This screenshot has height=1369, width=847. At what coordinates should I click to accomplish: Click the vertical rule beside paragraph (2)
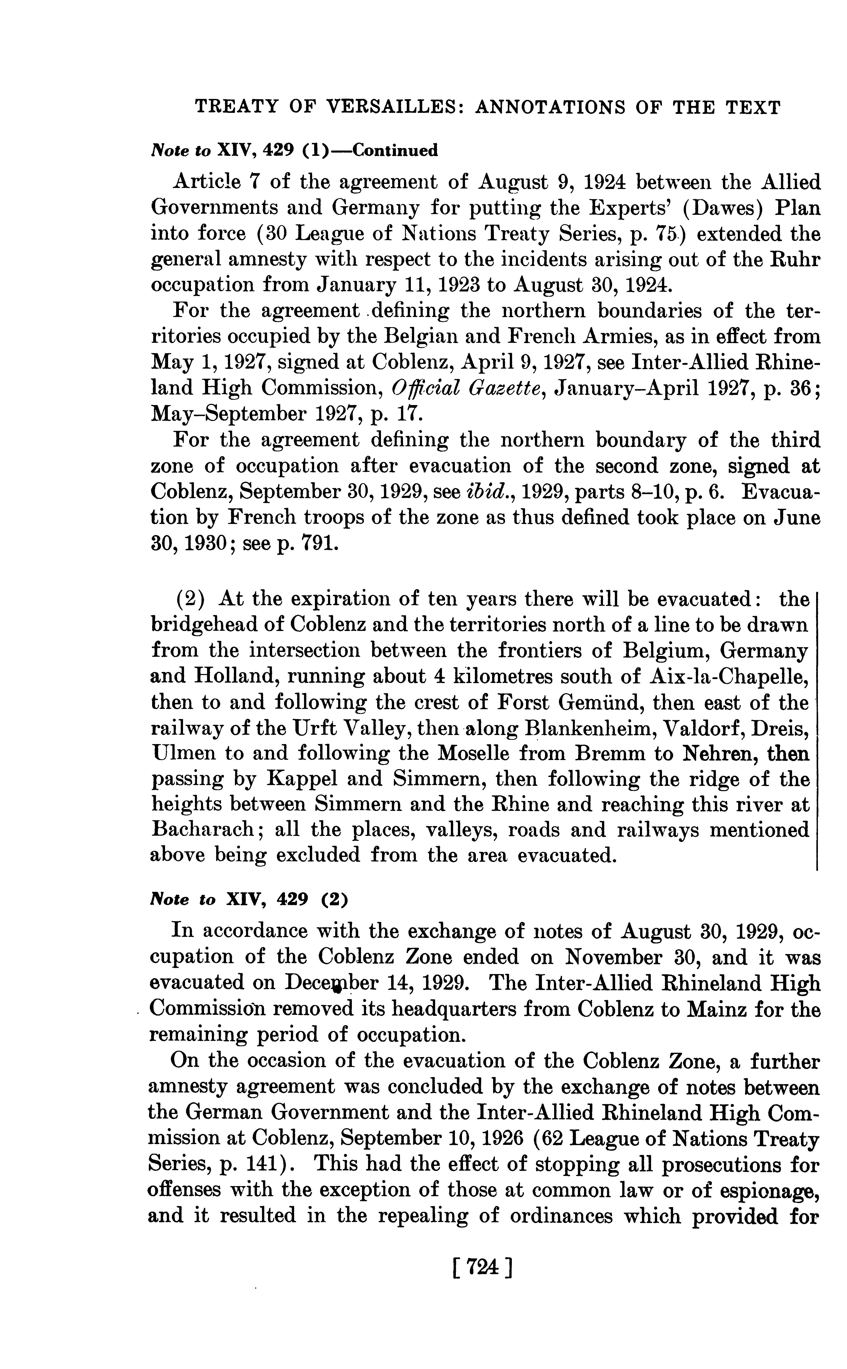[x=817, y=728]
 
